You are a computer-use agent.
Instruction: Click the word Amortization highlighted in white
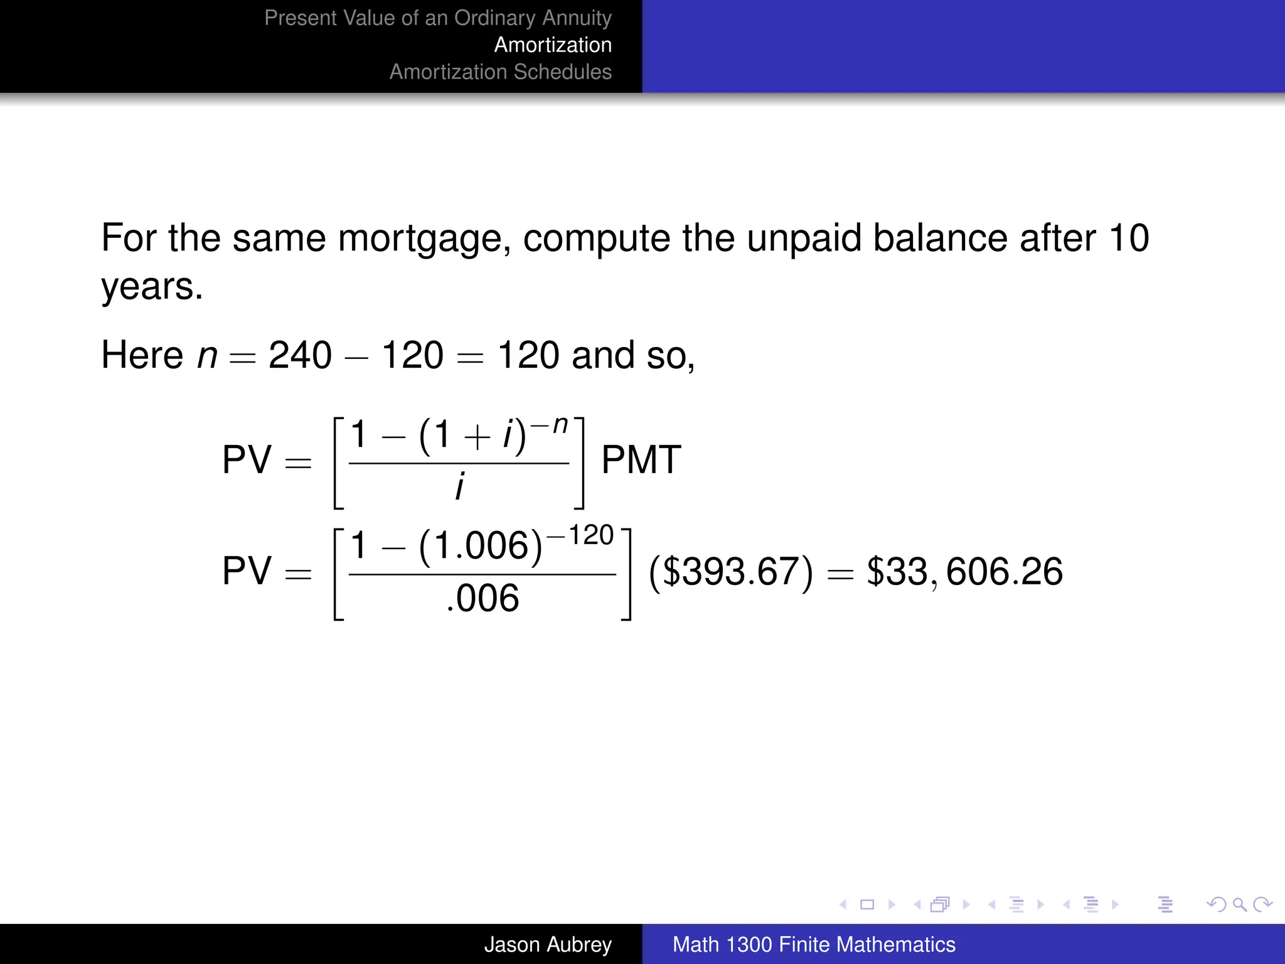coord(553,45)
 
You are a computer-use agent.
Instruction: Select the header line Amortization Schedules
coord(500,72)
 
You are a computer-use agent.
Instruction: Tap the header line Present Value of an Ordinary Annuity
coord(437,18)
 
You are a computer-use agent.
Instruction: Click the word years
coord(152,287)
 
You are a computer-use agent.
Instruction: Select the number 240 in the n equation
coord(300,355)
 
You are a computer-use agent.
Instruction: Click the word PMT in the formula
coord(641,460)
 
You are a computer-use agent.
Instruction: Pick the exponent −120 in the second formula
coord(580,536)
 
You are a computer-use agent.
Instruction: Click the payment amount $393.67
coord(731,572)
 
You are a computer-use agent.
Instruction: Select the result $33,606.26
coord(964,572)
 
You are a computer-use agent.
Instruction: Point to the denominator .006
coord(483,598)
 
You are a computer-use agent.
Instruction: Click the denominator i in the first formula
coord(459,486)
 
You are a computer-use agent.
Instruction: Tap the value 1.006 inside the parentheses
coord(481,545)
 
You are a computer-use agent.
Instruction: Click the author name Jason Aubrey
coord(547,945)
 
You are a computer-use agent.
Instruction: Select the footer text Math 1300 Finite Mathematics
coord(814,945)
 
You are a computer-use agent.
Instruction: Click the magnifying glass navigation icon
coord(1239,904)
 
